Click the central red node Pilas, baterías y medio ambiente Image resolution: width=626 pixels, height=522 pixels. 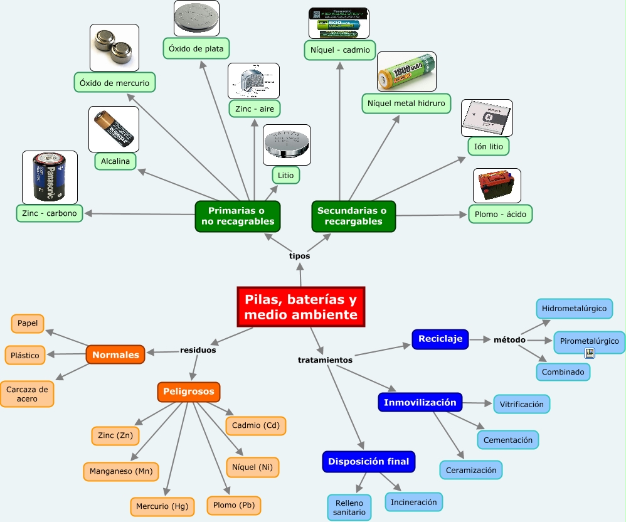[301, 307]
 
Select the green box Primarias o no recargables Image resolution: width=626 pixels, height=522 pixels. [237, 216]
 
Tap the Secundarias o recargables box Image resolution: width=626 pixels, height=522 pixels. [354, 216]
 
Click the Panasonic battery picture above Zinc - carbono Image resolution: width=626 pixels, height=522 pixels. [50, 177]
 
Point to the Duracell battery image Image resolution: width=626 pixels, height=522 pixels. [114, 129]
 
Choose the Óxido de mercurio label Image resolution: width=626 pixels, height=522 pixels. [114, 82]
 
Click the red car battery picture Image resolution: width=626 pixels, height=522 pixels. [497, 186]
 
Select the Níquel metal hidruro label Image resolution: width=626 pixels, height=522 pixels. [406, 104]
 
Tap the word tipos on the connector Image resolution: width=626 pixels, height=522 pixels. [299, 256]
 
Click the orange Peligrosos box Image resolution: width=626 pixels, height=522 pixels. [189, 392]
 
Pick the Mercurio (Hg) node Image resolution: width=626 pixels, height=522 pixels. [162, 506]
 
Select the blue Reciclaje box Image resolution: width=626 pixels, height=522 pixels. [440, 339]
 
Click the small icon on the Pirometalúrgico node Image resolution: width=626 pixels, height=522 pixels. [589, 353]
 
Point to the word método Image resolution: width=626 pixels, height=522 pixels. [509, 339]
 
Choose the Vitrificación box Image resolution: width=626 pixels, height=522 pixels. [522, 405]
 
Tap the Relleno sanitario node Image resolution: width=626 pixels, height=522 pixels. [349, 508]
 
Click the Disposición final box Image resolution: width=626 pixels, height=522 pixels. [369, 462]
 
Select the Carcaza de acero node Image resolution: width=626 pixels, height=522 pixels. [27, 394]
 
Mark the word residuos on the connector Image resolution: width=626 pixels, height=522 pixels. [198, 350]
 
